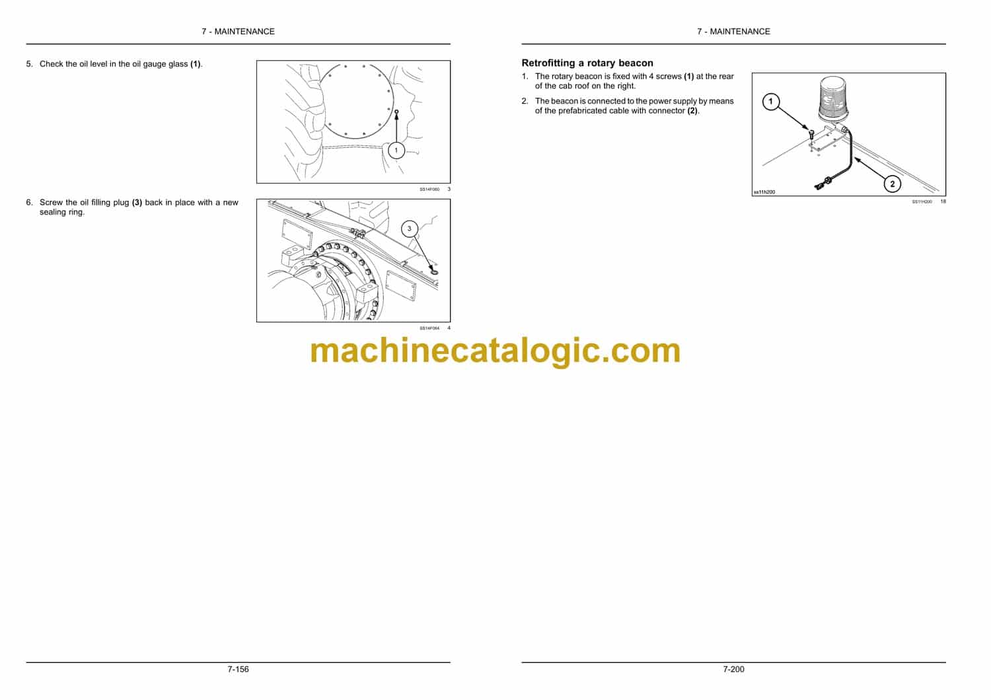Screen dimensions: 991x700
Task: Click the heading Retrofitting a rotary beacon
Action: (x=587, y=63)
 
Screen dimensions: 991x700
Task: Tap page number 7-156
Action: (x=238, y=670)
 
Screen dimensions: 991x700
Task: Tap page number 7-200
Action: (x=733, y=670)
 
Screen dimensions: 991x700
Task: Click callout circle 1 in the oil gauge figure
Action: (x=396, y=151)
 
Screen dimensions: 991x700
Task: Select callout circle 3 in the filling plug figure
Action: (x=409, y=228)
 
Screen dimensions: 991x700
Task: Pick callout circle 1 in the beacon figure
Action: (x=771, y=102)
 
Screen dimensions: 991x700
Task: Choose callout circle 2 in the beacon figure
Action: (x=892, y=184)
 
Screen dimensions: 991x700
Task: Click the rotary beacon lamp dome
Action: (x=834, y=99)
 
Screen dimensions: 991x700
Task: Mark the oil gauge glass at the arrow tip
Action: (x=396, y=112)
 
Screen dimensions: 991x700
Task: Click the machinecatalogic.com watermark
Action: (x=495, y=351)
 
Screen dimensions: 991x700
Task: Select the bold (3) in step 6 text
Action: (x=137, y=203)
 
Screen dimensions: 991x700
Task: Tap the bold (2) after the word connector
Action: (x=692, y=111)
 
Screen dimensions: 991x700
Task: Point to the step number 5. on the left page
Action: (x=29, y=63)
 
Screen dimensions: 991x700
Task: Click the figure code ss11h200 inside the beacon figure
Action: (x=764, y=192)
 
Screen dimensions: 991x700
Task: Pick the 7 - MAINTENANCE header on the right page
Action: (x=733, y=32)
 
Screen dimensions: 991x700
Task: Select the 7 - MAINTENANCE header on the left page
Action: (x=238, y=32)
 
